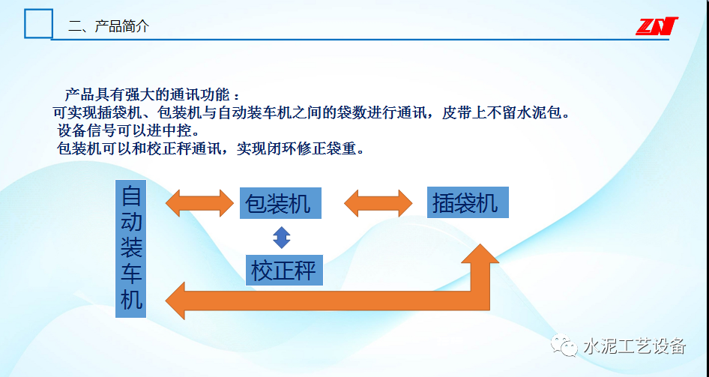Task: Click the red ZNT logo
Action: point(657,26)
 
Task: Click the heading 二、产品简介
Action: point(109,26)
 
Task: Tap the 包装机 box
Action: point(280,203)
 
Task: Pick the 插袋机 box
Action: point(468,202)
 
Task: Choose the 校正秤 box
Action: point(284,270)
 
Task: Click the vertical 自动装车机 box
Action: point(131,248)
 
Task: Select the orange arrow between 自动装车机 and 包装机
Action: point(199,202)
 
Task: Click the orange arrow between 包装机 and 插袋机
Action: point(378,202)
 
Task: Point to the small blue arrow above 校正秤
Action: point(281,238)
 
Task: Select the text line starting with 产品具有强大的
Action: point(153,96)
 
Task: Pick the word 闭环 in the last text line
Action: point(285,148)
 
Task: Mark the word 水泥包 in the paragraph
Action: point(539,113)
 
